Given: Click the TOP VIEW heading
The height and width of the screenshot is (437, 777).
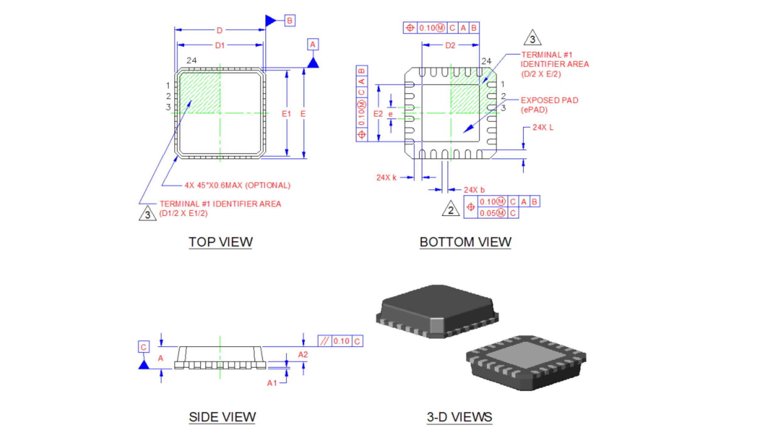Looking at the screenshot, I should pyautogui.click(x=220, y=242).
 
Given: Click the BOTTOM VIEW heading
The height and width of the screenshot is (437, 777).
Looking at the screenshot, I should pyautogui.click(x=465, y=242).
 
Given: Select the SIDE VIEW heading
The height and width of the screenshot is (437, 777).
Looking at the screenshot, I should pyautogui.click(x=222, y=417).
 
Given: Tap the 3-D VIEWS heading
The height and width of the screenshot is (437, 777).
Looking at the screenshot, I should pyautogui.click(x=459, y=417).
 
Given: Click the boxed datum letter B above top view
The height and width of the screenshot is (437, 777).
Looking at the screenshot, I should pyautogui.click(x=290, y=21).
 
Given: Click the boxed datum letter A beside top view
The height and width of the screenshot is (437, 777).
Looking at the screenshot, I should pyautogui.click(x=313, y=45).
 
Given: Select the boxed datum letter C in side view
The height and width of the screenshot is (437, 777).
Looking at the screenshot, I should pyautogui.click(x=144, y=347).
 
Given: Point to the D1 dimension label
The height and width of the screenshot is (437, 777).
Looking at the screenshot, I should pyautogui.click(x=220, y=46).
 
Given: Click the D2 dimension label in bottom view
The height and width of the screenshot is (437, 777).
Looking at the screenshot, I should pyautogui.click(x=450, y=46).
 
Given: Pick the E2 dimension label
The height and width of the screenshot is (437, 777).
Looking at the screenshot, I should pyautogui.click(x=378, y=114).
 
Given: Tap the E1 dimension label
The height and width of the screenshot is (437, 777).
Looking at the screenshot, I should pyautogui.click(x=286, y=114).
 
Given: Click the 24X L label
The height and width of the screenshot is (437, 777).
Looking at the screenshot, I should pyautogui.click(x=543, y=127).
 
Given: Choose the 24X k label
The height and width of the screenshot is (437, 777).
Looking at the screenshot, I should pyautogui.click(x=386, y=178).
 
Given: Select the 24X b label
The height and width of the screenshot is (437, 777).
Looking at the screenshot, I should pyautogui.click(x=474, y=190).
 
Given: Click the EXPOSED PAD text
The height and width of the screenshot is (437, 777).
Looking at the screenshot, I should pyautogui.click(x=549, y=100).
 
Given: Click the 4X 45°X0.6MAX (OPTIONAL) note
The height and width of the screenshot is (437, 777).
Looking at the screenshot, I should pyautogui.click(x=237, y=185).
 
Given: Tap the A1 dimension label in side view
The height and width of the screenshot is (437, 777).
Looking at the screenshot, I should pyautogui.click(x=272, y=383).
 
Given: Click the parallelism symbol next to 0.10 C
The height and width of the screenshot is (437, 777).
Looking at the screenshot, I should pyautogui.click(x=324, y=341).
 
